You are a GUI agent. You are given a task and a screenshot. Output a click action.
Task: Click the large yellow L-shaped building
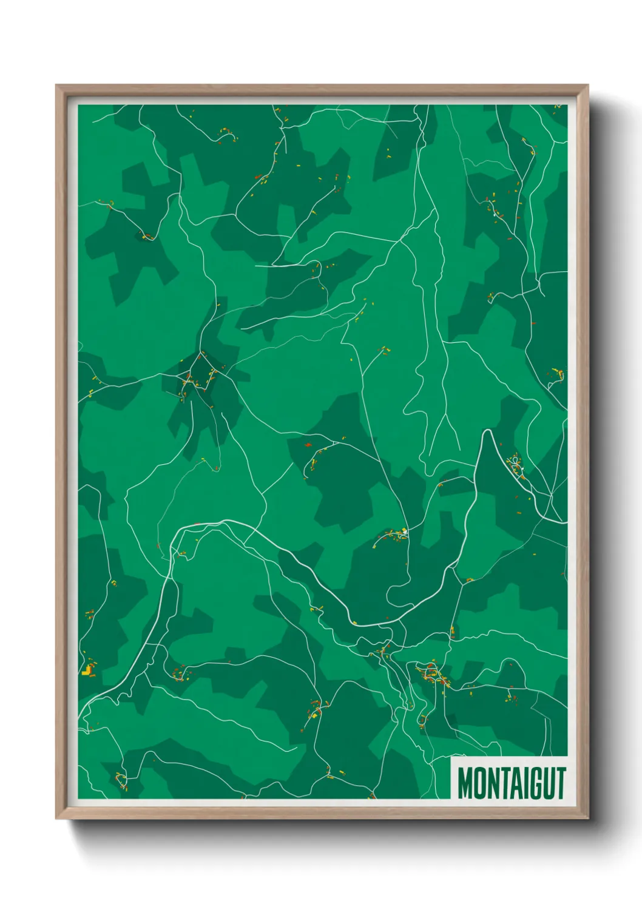point(89,669)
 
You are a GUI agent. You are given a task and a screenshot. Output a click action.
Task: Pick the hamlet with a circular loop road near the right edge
point(516,465)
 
